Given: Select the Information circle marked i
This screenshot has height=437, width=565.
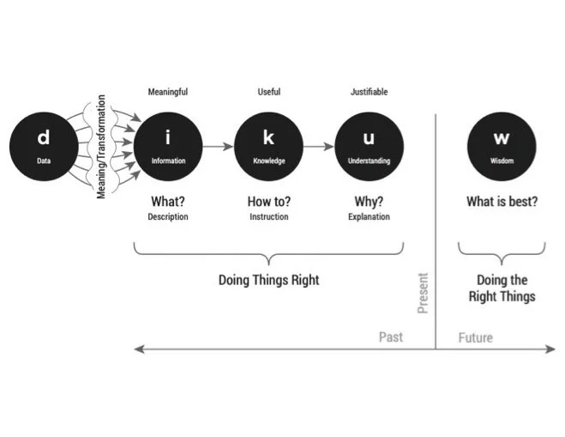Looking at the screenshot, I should pyautogui.click(x=168, y=147).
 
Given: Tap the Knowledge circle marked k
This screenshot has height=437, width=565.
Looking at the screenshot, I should pyautogui.click(x=268, y=147).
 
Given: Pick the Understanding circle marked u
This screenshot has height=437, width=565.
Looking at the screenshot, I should pyautogui.click(x=369, y=147).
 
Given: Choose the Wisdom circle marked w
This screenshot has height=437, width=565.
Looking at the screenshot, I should pyautogui.click(x=501, y=147).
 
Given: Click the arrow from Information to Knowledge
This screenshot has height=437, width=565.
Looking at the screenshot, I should pyautogui.click(x=218, y=147).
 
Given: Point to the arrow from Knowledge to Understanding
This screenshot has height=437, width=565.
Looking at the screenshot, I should pyautogui.click(x=318, y=147).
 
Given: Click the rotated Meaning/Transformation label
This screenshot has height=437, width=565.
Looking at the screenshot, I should pyautogui.click(x=101, y=147).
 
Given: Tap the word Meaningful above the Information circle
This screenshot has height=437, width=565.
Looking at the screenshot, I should pyautogui.click(x=168, y=92).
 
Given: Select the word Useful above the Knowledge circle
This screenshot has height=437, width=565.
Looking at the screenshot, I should pyautogui.click(x=268, y=92).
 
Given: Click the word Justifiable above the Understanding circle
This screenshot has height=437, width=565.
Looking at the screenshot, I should pyautogui.click(x=369, y=92).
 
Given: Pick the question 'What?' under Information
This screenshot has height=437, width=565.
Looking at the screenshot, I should pyautogui.click(x=168, y=203).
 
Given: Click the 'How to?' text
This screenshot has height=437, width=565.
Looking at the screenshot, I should pyautogui.click(x=268, y=203).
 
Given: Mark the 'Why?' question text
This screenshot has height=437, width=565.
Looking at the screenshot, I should pyautogui.click(x=369, y=203).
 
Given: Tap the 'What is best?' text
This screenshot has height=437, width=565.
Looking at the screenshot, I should pyautogui.click(x=502, y=203).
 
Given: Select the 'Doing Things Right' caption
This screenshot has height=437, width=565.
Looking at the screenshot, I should pyautogui.click(x=268, y=280).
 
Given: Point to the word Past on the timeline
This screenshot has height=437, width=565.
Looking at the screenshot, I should pyautogui.click(x=391, y=337).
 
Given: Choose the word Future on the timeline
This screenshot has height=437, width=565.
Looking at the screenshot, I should pyautogui.click(x=475, y=337).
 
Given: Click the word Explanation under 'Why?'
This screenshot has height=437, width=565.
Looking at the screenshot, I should pyautogui.click(x=369, y=217).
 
